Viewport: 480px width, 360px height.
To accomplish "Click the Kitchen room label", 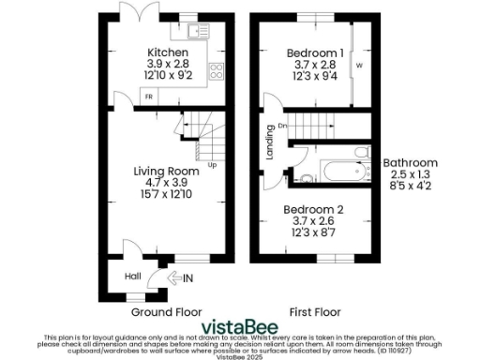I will (x=167, y=52).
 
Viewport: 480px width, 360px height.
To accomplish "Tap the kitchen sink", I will (x=199, y=32).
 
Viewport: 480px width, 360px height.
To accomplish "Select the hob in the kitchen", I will (x=214, y=71).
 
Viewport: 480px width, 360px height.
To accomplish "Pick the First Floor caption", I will (x=316, y=312).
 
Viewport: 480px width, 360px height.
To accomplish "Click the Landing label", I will (x=269, y=146).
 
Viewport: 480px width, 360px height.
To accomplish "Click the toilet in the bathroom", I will (x=307, y=177).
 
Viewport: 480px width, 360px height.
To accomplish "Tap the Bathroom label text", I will (x=408, y=162).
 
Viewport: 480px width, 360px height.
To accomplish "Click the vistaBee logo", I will (x=239, y=326).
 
